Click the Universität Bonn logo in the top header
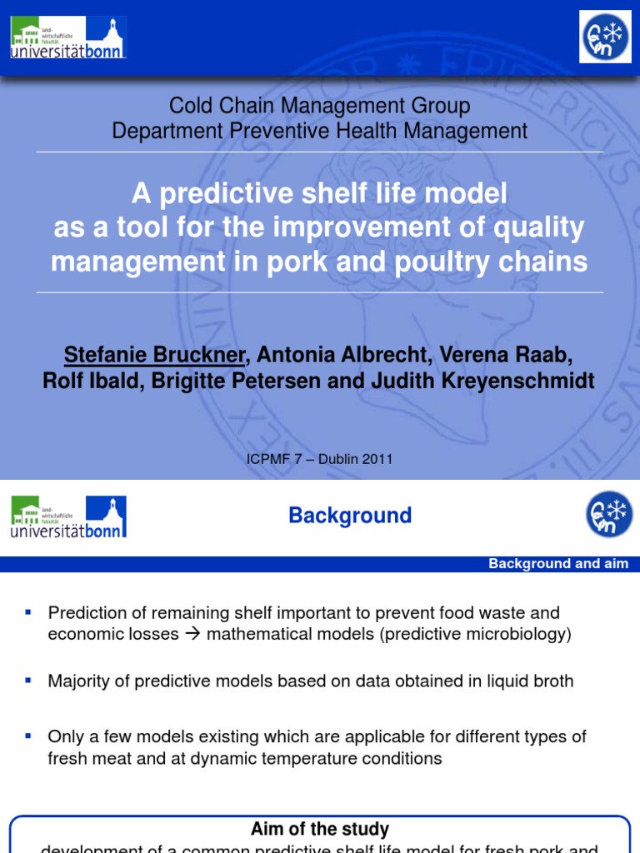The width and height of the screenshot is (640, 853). (x=68, y=37)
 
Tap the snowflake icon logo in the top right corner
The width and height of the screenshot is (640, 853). (x=605, y=37)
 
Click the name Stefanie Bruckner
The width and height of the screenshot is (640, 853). (x=155, y=356)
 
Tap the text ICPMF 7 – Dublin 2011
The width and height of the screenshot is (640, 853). (x=320, y=459)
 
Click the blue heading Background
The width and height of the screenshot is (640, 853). (x=350, y=516)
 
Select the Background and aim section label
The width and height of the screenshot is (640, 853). (x=558, y=564)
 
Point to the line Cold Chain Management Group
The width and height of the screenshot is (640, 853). (x=320, y=106)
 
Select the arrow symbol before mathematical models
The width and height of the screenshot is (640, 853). (x=192, y=634)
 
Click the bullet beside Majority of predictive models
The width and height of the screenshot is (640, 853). (x=28, y=681)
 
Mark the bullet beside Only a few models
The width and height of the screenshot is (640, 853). (x=28, y=736)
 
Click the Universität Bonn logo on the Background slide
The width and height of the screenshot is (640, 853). (x=68, y=516)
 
